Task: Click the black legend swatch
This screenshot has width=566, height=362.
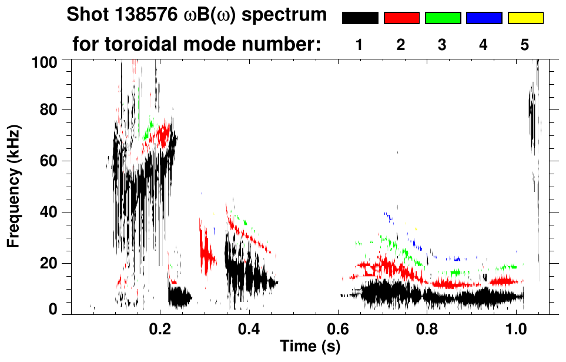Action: (360, 18)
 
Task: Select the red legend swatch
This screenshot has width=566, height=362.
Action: (401, 18)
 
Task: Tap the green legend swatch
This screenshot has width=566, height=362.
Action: (443, 18)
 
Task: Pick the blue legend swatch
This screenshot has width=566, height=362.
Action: (484, 18)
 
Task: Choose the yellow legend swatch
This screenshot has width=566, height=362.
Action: (525, 18)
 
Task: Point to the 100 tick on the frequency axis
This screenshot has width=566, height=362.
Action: (45, 61)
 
